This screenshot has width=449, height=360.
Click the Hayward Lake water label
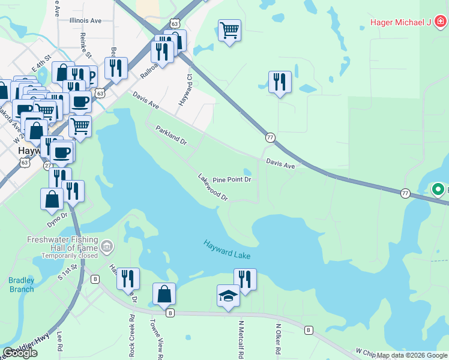(226, 250)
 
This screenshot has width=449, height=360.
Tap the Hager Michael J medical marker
(441, 23)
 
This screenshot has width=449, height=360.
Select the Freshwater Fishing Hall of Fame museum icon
(107, 246)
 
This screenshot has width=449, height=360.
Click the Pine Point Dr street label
(232, 179)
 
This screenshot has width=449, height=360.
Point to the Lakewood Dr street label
(213, 187)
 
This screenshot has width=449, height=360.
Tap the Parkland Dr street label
(172, 136)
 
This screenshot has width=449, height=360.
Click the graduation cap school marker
(228, 296)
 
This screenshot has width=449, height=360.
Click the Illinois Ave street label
(85, 20)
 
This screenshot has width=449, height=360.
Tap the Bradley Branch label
(22, 284)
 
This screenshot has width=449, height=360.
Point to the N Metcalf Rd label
(241, 339)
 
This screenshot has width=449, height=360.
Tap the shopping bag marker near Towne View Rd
(164, 294)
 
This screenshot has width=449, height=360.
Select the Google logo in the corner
(20, 353)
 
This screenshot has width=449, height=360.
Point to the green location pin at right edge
(438, 190)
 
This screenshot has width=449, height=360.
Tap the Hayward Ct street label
(185, 91)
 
